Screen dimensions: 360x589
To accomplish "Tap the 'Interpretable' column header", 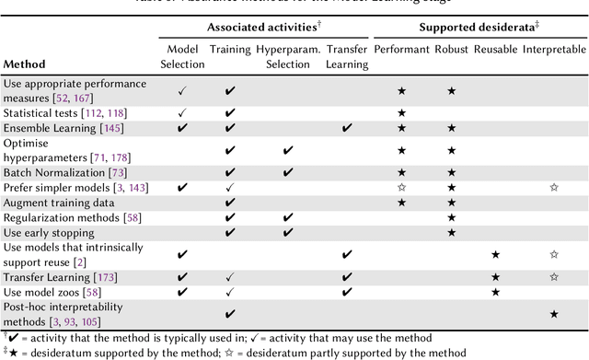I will click(553, 46).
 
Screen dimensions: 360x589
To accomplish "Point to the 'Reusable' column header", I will click(495, 46).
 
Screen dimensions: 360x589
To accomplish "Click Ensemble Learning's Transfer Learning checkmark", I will click(346, 128).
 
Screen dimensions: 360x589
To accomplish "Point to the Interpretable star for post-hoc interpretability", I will click(553, 314).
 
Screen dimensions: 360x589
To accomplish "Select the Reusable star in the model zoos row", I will click(495, 292).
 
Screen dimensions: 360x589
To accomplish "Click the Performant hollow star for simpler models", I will click(400, 187).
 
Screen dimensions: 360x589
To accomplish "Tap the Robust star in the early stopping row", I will click(451, 232).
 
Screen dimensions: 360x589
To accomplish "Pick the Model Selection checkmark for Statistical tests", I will click(182, 112).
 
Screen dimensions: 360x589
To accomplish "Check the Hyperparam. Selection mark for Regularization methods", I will click(288, 217).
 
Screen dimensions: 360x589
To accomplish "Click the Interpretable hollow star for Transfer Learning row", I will click(553, 276).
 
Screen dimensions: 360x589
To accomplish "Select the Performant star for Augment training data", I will click(400, 202).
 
